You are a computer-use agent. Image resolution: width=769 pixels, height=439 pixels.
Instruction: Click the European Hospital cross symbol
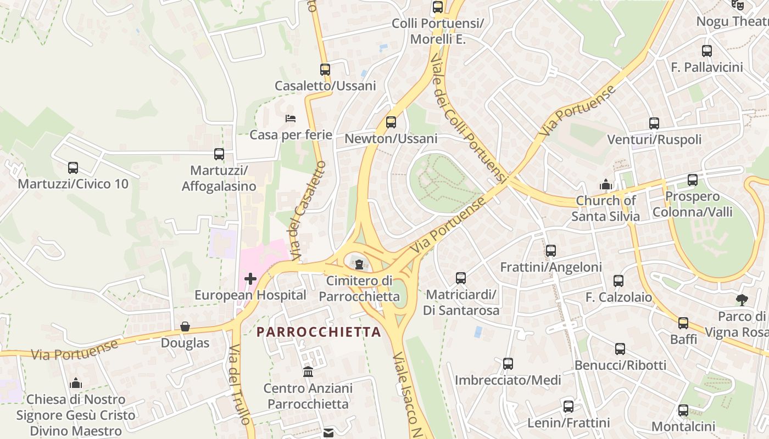(250, 279)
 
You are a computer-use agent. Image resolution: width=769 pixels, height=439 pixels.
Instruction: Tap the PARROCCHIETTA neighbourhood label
(319, 332)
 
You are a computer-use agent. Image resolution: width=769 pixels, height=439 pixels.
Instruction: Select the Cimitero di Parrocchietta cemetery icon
(359, 265)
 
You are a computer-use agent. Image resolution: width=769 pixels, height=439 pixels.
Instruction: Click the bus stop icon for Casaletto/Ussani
(325, 70)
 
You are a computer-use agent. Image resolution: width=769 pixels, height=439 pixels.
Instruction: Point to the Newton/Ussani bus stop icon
(391, 122)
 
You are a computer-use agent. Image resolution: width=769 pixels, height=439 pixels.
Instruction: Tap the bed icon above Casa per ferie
(291, 119)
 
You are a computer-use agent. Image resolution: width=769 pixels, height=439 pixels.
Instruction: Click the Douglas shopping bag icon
(185, 327)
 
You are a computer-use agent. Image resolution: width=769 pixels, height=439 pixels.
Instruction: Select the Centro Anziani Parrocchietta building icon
(308, 372)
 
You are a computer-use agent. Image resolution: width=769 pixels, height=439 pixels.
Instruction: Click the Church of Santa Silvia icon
(606, 184)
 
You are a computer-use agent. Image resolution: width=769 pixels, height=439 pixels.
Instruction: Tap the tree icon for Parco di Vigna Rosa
(742, 300)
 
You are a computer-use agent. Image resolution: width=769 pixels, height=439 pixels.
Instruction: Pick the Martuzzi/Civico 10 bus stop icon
(73, 167)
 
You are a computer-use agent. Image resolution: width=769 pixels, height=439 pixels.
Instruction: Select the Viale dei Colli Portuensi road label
(467, 118)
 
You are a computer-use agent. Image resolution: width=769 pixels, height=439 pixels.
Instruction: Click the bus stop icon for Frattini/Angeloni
(551, 251)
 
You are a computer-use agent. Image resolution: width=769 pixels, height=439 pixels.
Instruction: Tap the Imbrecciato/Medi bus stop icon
(508, 363)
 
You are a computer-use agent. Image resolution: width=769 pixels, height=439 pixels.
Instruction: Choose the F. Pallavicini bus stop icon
(707, 51)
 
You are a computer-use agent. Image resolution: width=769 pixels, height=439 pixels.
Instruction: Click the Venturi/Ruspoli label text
(654, 139)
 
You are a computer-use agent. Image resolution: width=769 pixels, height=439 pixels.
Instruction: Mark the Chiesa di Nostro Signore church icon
(76, 383)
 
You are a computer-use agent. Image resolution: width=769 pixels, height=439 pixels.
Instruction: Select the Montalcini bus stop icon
(683, 410)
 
